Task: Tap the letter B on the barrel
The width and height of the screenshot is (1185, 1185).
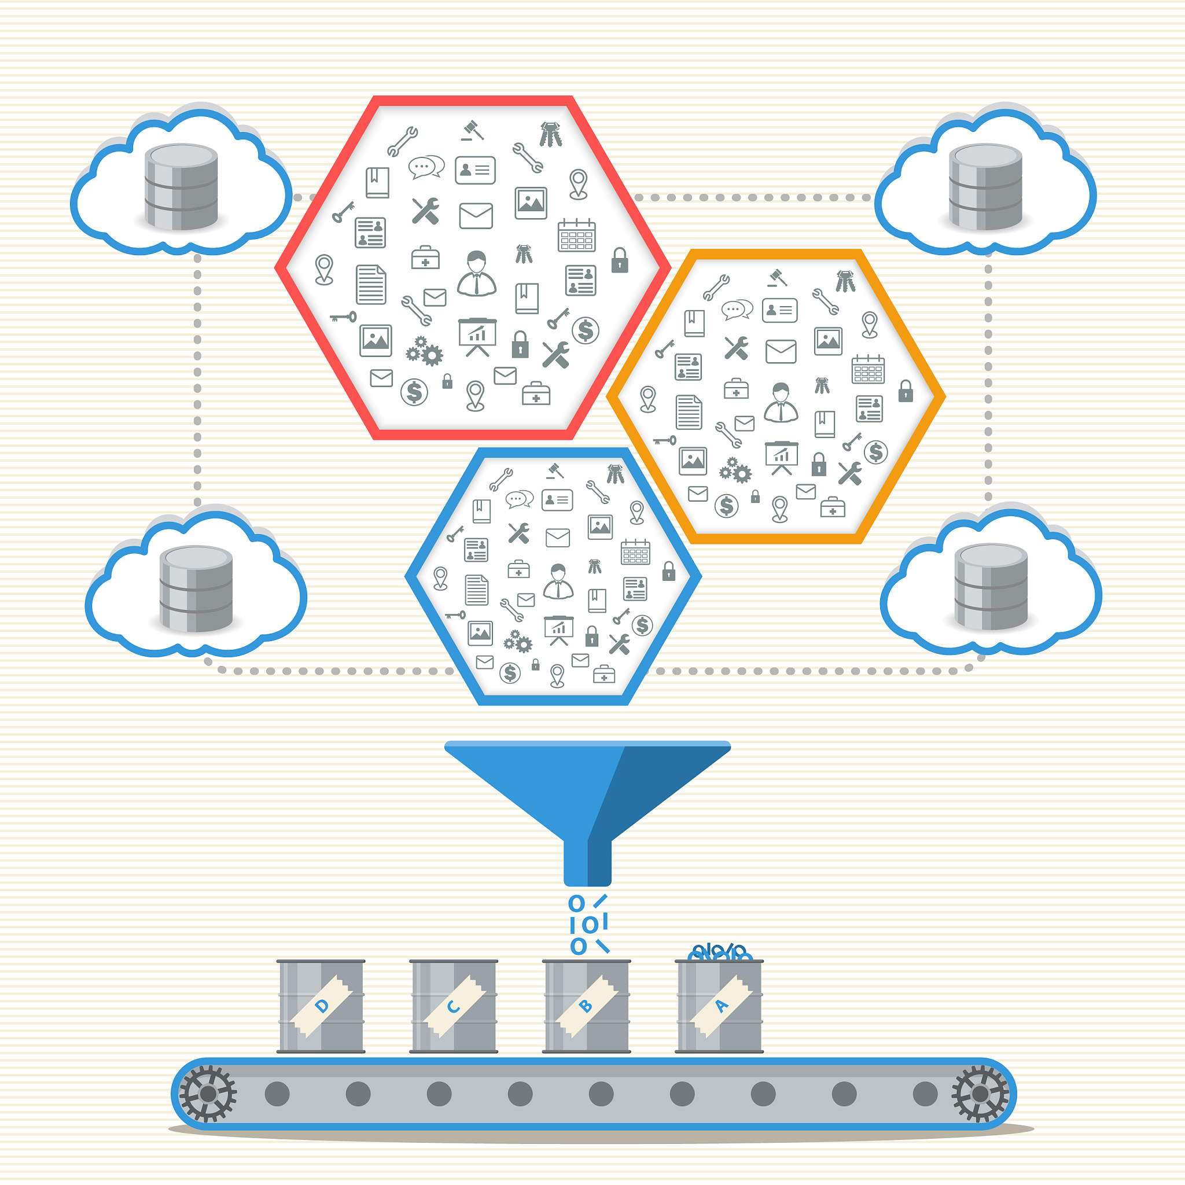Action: point(586,1006)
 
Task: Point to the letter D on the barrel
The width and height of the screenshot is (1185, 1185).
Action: point(321,1006)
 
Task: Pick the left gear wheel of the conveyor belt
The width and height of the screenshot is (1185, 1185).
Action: point(208,1094)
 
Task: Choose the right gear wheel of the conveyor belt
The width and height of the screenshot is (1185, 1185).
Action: point(980,1094)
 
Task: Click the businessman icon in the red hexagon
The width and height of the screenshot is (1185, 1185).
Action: point(477,274)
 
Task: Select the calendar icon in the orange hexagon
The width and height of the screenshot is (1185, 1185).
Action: point(868,369)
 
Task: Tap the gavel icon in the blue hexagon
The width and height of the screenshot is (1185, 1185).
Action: point(555,470)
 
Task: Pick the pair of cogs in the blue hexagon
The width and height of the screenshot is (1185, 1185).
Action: point(518,642)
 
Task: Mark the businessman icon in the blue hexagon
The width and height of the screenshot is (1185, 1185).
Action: point(558,581)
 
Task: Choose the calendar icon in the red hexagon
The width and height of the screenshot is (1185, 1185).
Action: point(576,235)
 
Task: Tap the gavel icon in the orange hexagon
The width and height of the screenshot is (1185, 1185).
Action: point(778,277)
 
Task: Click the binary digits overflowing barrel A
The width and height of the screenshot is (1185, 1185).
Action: point(719,952)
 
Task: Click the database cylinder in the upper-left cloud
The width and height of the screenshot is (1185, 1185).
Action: point(181,187)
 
